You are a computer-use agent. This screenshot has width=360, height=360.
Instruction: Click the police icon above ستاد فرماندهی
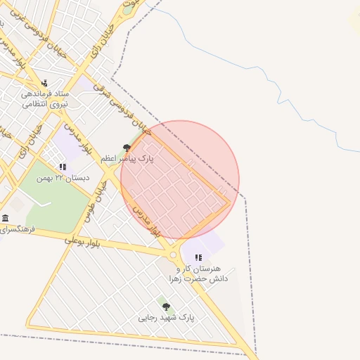[45, 83]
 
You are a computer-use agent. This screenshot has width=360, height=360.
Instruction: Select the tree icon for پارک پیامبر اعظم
[127, 148]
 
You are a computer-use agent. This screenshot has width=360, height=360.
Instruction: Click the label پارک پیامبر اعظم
[126, 159]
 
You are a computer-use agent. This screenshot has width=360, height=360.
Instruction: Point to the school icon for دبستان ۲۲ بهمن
[63, 167]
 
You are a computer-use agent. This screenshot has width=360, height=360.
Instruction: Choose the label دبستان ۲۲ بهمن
[67, 178]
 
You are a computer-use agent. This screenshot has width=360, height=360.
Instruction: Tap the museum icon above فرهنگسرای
[6, 218]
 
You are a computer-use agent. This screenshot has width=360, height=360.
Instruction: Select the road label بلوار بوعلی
[83, 242]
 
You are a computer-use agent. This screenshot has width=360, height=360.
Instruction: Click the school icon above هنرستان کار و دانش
[198, 258]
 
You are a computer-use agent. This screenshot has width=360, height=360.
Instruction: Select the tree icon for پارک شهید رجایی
[166, 307]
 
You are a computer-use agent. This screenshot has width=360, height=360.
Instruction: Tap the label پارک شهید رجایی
[167, 318]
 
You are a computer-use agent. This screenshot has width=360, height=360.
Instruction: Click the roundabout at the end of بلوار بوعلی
[173, 255]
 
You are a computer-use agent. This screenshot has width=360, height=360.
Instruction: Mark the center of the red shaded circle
[180, 180]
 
